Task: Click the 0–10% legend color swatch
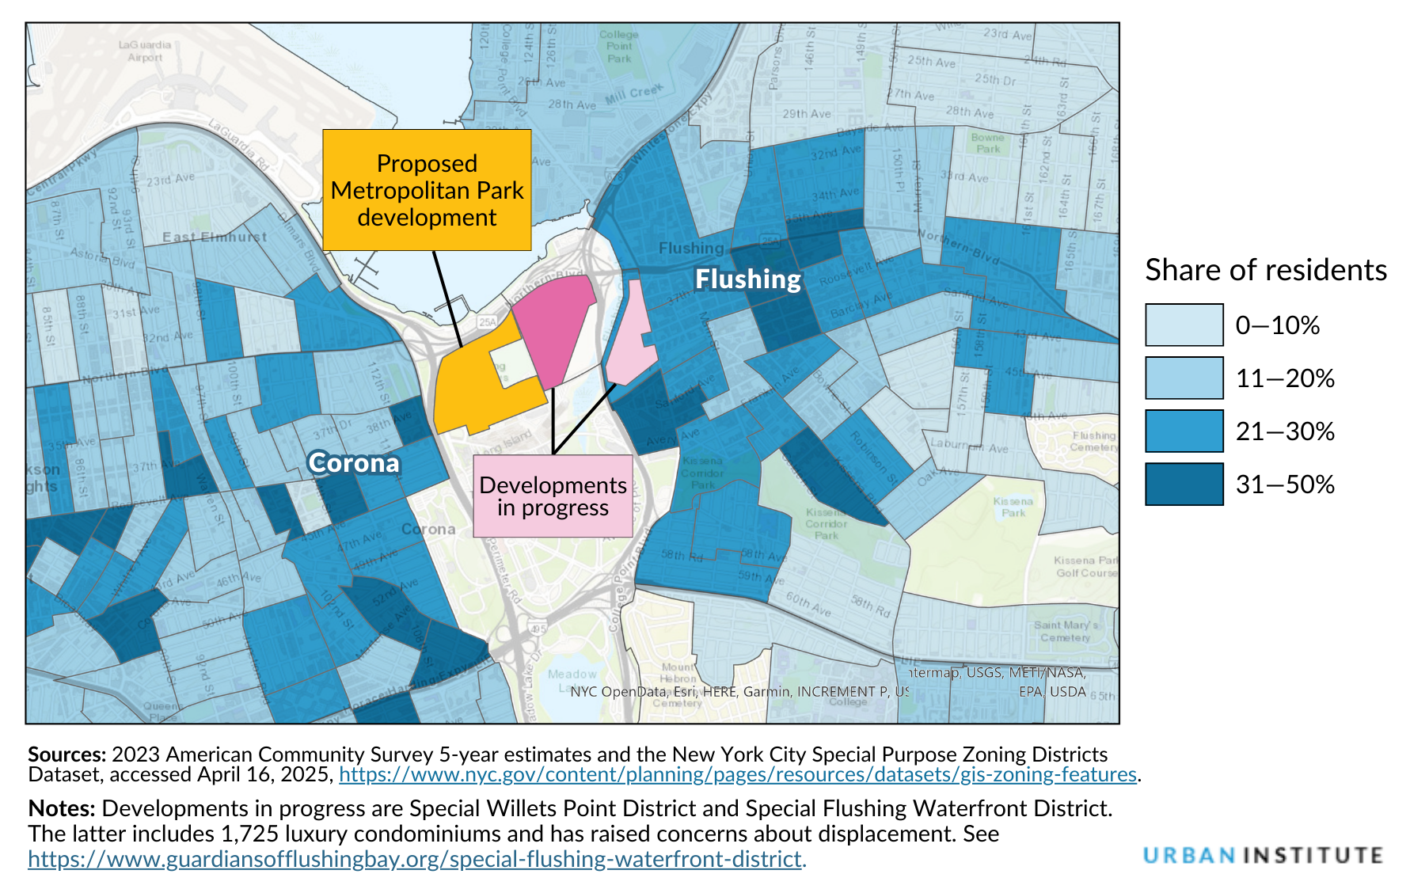[x=1184, y=325]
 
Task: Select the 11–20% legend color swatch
[x=1184, y=378]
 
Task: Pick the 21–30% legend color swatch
[x=1184, y=431]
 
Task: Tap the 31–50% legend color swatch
[x=1184, y=484]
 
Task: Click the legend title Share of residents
[x=1265, y=270]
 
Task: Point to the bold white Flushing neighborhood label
[x=748, y=279]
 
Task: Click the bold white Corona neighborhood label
[x=354, y=463]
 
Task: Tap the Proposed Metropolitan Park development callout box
[x=427, y=190]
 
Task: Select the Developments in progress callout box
[x=553, y=496]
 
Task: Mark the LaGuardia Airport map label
[x=145, y=51]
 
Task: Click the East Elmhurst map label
[x=214, y=237]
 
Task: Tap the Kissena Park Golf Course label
[x=1085, y=567]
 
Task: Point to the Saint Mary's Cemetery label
[x=1066, y=631]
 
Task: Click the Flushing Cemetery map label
[x=1093, y=441]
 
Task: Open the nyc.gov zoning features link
[x=737, y=774]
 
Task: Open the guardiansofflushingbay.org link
[x=415, y=859]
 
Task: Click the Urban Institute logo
[x=1263, y=856]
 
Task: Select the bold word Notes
[x=61, y=808]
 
